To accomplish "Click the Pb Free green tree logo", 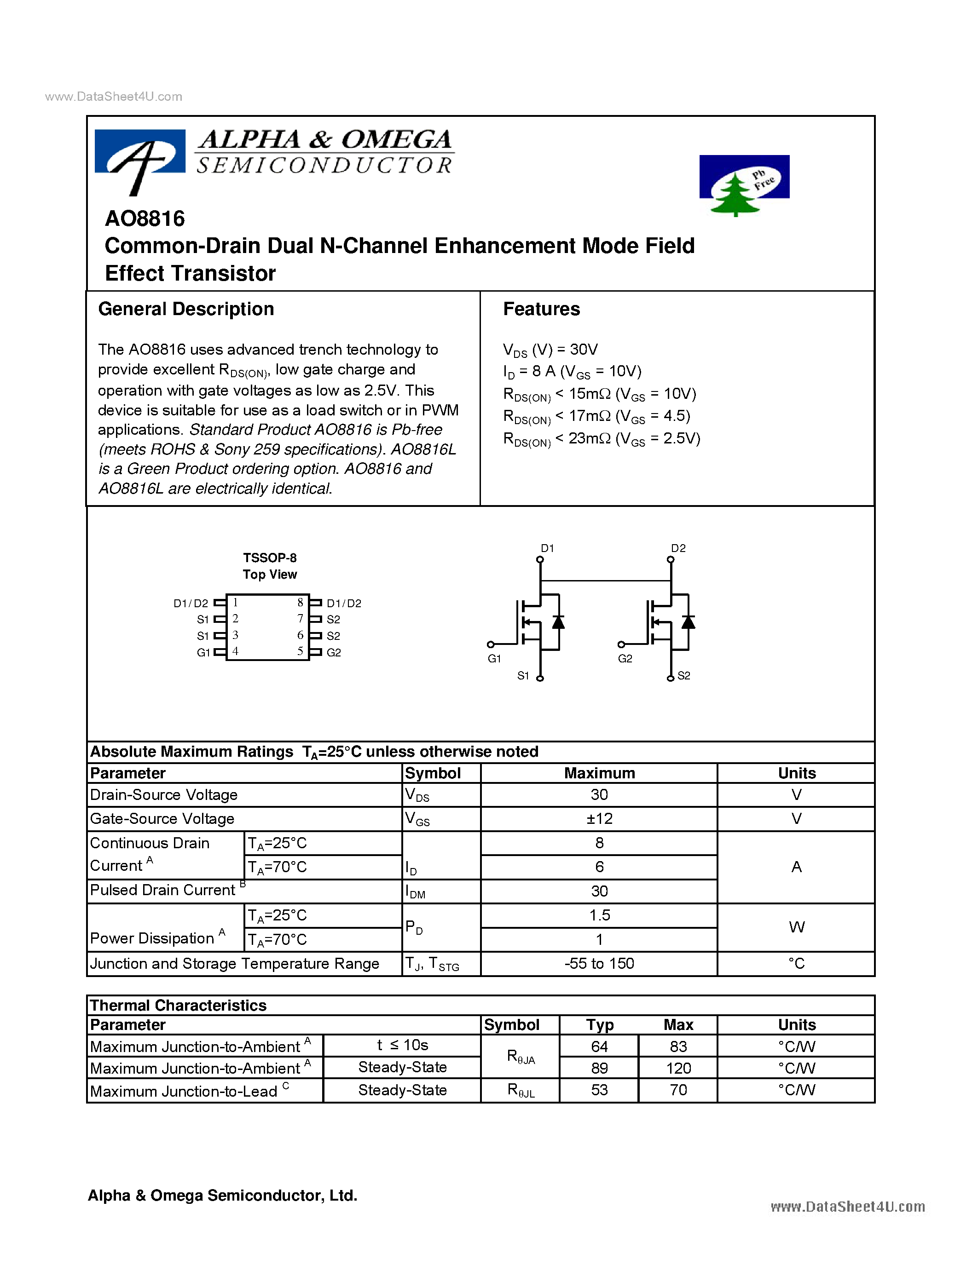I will (x=743, y=184).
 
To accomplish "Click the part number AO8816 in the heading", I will (x=145, y=219).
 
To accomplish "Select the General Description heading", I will (x=186, y=309).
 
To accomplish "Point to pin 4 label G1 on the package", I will (x=203, y=653).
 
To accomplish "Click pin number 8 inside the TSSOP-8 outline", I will (x=300, y=603).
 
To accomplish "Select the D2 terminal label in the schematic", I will (x=678, y=548).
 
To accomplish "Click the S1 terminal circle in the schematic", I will (x=540, y=678).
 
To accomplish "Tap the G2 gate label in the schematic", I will (x=625, y=659).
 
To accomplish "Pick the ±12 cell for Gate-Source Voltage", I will (x=599, y=819).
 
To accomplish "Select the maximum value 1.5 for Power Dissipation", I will (x=599, y=915).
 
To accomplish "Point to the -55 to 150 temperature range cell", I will (x=599, y=964).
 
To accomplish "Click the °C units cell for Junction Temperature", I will (x=796, y=964).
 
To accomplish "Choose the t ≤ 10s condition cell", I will (x=402, y=1046).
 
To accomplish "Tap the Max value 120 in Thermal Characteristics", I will (x=678, y=1068).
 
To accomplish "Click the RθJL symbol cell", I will (x=520, y=1090).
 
